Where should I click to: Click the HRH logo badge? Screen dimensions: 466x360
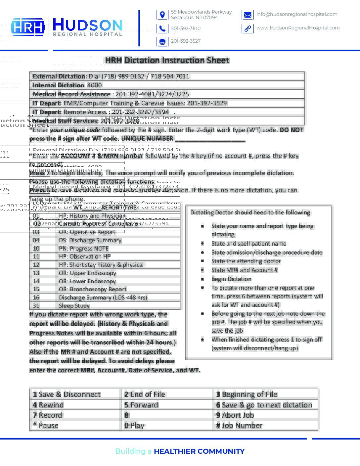28,27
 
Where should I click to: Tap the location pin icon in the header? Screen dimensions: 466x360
162,15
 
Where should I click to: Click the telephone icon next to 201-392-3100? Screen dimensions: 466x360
162,29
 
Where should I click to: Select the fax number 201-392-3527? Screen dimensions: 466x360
186,41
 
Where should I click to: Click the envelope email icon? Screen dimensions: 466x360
247,15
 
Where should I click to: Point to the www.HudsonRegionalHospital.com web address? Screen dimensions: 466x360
298,28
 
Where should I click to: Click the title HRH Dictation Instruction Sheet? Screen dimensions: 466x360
167,60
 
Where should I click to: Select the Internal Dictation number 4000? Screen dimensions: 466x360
95,85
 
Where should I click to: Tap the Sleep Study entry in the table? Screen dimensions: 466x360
74,306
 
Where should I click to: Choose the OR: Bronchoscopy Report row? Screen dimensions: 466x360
93,289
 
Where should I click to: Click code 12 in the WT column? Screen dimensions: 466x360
36,265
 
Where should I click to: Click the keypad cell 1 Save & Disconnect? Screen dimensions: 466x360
67,394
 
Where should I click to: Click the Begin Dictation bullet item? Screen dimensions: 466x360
231,279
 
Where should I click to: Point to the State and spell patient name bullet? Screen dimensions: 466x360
249,244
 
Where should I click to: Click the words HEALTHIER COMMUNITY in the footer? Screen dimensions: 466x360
199,451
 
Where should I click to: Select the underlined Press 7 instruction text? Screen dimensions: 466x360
39,173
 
